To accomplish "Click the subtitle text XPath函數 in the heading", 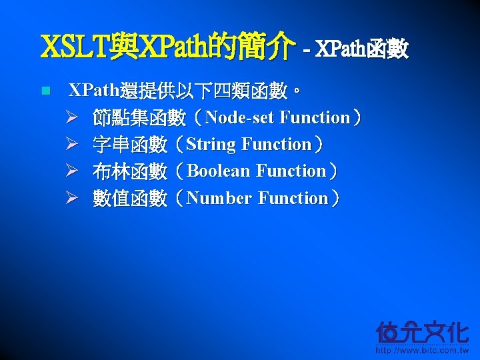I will (x=361, y=49).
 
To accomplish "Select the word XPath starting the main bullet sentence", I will (x=94, y=90).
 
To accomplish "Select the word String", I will (x=211, y=145).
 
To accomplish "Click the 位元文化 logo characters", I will (x=422, y=331).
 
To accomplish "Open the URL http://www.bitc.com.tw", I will (x=422, y=350).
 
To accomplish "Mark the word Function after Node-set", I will (x=315, y=118).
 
